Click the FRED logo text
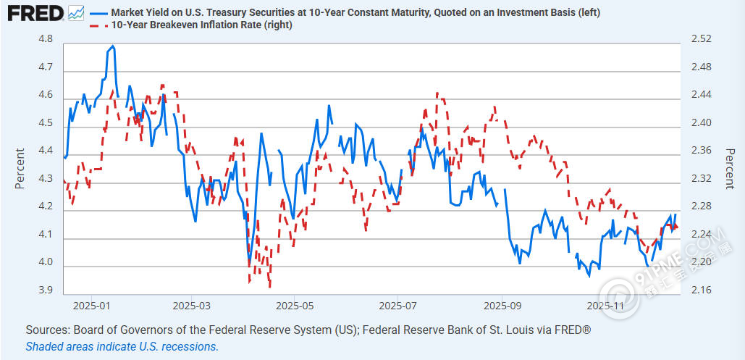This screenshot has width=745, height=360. tap(33, 13)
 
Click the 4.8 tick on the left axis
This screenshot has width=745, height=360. tap(46, 39)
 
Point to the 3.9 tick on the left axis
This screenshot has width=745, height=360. tap(46, 290)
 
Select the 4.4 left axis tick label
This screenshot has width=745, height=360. tap(46, 151)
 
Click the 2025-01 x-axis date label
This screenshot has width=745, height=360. tap(91, 306)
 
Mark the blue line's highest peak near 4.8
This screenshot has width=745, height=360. tap(112, 46)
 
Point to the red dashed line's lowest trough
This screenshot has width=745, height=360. tap(270, 287)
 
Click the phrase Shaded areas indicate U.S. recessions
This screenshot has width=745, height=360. tap(122, 346)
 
